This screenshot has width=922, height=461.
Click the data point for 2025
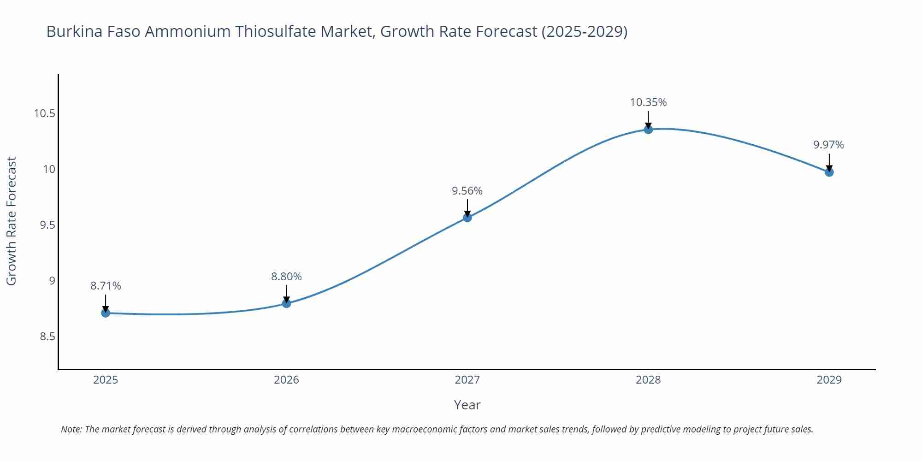pos(106,313)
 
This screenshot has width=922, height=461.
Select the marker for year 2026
pos(286,303)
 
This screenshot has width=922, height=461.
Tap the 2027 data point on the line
pos(467,218)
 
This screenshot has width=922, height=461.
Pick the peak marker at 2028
pos(648,130)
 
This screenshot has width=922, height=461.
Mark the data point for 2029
pos(829,172)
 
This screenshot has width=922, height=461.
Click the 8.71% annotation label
pos(106,286)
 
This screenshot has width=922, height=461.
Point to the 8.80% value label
pos(286,277)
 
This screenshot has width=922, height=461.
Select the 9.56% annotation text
pos(467,191)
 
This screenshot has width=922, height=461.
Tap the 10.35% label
pos(648,102)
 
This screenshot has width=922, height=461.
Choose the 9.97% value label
pos(828,145)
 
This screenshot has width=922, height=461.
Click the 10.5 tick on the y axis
pos(44,113)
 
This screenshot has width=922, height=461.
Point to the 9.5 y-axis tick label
pos(47,225)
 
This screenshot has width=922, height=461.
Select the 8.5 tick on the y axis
pos(47,337)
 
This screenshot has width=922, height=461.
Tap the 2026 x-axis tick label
pos(286,380)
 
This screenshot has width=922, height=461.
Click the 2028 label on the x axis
pos(648,380)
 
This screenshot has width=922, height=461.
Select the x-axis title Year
pos(467,405)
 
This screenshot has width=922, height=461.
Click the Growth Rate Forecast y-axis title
pos(12,221)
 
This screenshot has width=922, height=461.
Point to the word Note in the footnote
pos(71,429)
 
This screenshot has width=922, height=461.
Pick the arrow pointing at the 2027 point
pos(467,208)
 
